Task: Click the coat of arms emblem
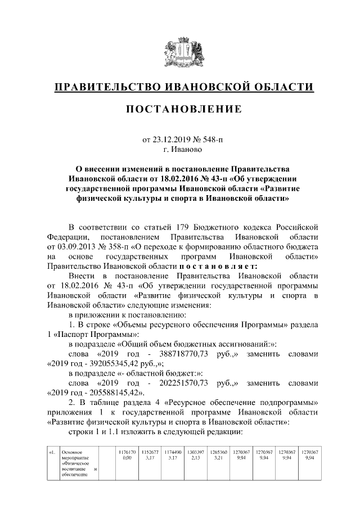click(x=180, y=53)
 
